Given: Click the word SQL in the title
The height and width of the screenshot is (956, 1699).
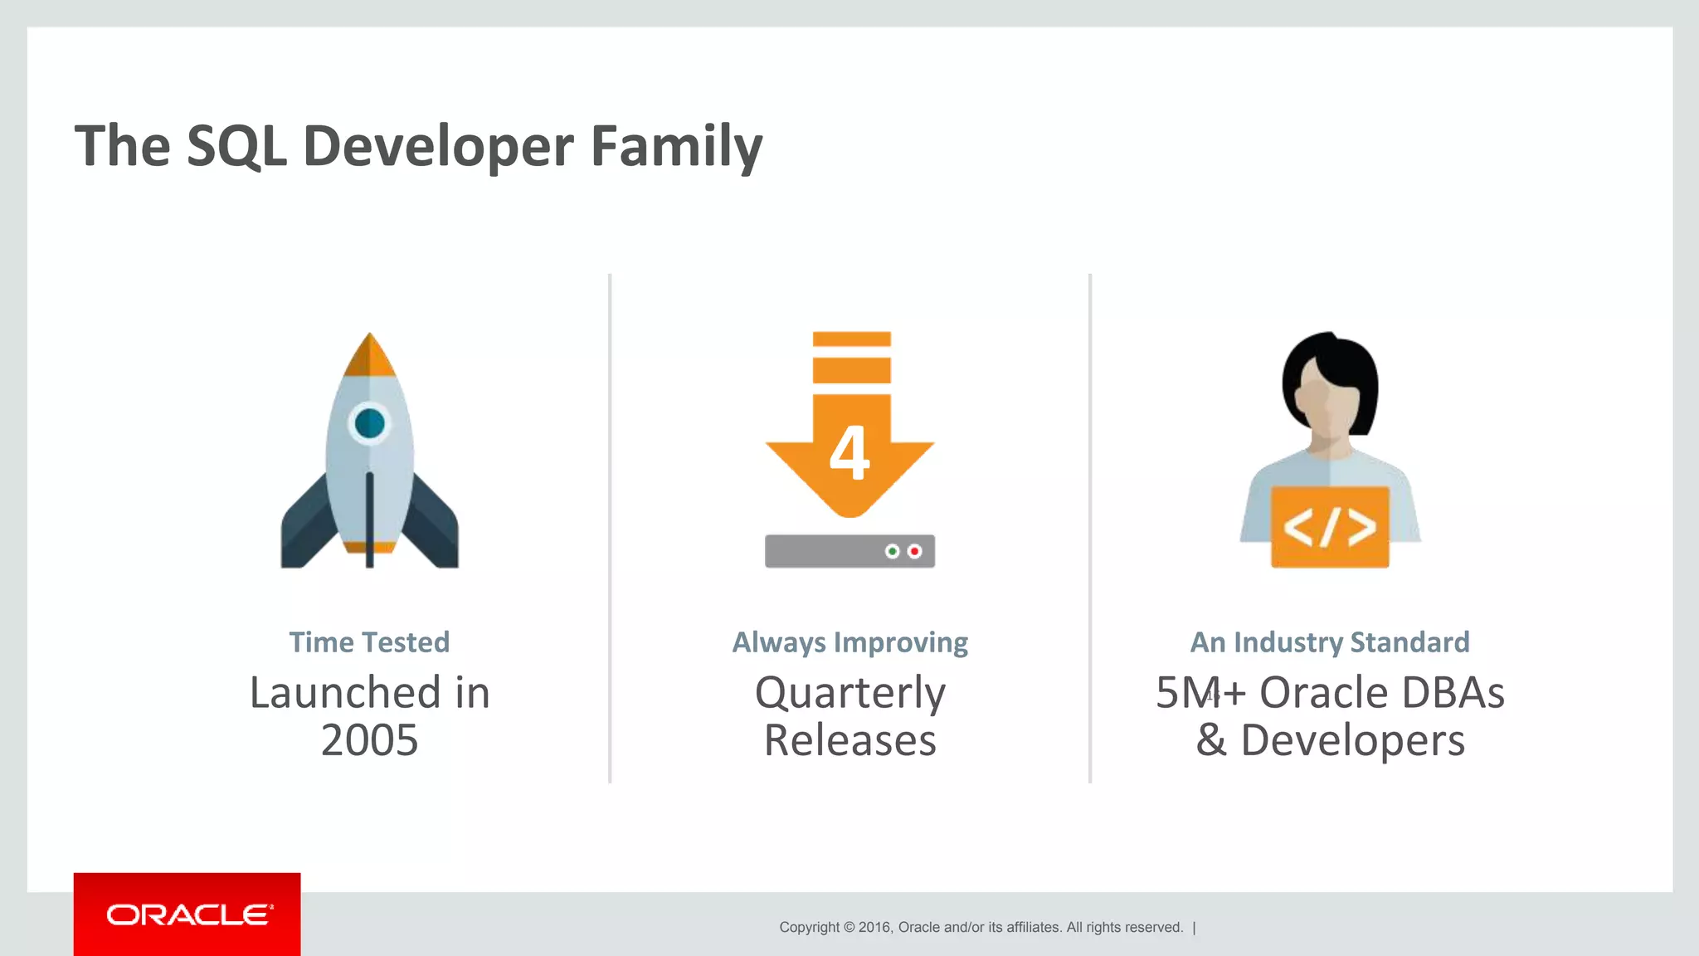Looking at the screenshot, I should point(236,146).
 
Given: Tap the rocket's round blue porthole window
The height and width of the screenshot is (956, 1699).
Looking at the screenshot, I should point(369,423).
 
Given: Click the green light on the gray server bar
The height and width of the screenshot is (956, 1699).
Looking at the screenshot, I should point(892,551).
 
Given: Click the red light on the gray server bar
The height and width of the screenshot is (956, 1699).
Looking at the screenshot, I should point(914,551).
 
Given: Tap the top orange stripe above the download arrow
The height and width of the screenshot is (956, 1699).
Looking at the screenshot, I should point(851,339).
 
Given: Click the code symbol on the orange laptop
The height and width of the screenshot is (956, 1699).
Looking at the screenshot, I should point(1330,528).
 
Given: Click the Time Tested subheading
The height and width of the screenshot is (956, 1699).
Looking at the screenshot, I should point(369,641).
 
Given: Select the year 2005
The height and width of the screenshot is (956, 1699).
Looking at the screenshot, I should point(369,739).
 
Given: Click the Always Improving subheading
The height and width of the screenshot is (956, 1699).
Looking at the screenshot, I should point(849,641).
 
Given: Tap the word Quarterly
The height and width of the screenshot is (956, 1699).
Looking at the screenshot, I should point(849,693).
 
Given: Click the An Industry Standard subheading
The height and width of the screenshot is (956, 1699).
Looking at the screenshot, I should point(1330,641).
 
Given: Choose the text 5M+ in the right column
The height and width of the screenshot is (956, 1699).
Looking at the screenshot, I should point(1200,692).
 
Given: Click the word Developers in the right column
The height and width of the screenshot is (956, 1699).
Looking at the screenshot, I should point(1352,739).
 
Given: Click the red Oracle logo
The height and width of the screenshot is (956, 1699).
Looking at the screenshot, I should point(187,915).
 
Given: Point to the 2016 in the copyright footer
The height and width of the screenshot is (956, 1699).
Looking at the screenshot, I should point(874,927).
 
